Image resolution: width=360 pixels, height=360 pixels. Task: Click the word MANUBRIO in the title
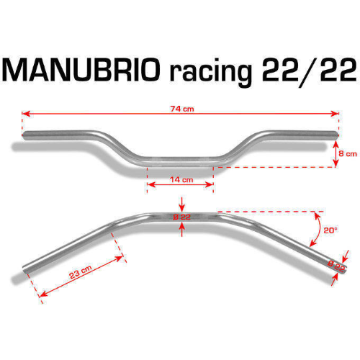(x=81, y=70)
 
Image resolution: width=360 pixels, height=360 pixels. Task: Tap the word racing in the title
(x=210, y=73)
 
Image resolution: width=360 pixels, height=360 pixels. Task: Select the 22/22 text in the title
(x=310, y=71)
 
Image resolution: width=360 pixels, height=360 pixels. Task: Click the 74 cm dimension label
(x=182, y=109)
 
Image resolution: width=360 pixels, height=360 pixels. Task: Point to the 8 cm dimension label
(x=348, y=153)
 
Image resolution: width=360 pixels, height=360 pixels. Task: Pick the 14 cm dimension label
(x=181, y=179)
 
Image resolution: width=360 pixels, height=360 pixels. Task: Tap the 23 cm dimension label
(x=81, y=271)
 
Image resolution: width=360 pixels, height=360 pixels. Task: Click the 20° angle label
(x=330, y=230)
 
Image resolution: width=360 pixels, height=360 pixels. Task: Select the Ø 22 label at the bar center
(x=182, y=217)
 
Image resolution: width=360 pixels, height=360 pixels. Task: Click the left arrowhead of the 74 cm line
(x=26, y=114)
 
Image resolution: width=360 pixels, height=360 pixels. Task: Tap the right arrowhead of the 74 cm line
(x=334, y=114)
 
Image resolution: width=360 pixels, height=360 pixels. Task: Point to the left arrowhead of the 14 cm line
(x=151, y=184)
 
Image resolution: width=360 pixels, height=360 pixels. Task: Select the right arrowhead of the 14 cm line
(x=210, y=184)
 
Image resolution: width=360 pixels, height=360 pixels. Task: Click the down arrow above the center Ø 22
(x=182, y=204)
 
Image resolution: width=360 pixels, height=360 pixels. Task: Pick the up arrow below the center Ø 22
(x=182, y=230)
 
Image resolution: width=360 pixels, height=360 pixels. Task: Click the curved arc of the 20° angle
(x=319, y=230)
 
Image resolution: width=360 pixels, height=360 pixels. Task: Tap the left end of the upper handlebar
(x=24, y=135)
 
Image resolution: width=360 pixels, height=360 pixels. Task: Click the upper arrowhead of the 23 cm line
(x=120, y=258)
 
